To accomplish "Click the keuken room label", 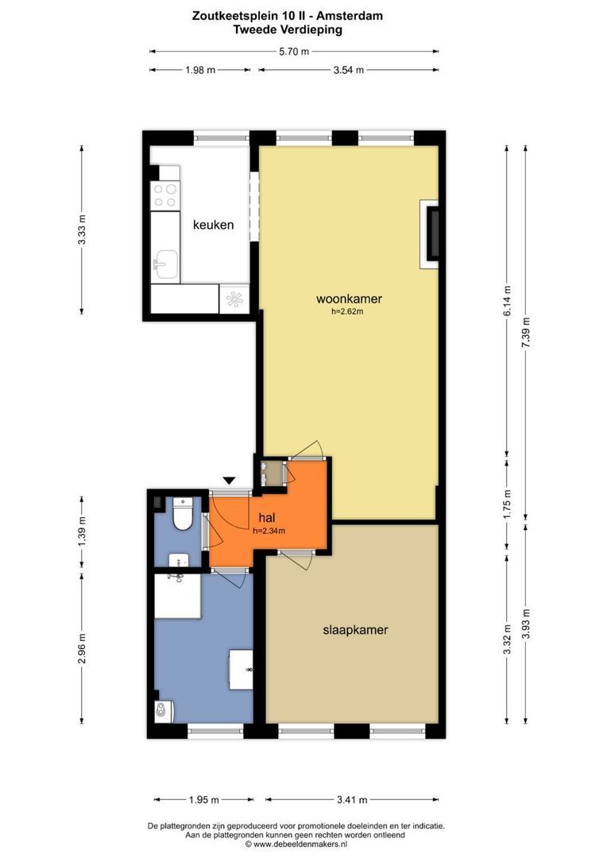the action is click(213, 225).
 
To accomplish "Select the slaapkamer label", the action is click(355, 630).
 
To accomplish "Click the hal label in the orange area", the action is click(266, 518).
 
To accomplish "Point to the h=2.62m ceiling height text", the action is click(347, 312).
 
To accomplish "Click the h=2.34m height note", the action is click(269, 530).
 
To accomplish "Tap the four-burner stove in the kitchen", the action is click(165, 196).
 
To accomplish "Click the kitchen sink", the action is click(164, 265).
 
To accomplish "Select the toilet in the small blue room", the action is click(182, 513).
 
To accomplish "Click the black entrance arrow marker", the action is click(230, 481).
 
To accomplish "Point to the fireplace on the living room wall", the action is click(430, 234).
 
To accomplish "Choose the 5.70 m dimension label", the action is click(294, 52).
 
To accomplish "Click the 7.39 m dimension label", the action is click(525, 332).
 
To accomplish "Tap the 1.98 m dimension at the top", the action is click(199, 70).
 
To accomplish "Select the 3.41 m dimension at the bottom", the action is click(352, 800).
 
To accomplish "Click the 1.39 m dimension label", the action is click(82, 531).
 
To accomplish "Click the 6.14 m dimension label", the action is click(507, 301).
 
